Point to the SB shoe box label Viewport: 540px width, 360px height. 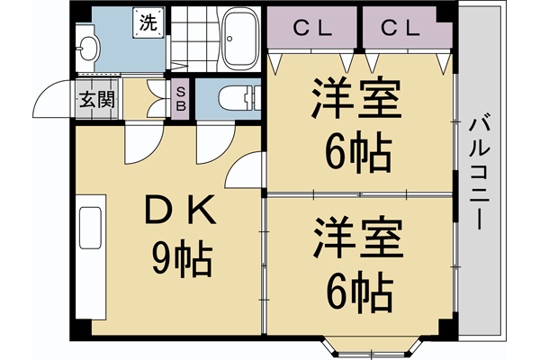tap(180, 98)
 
